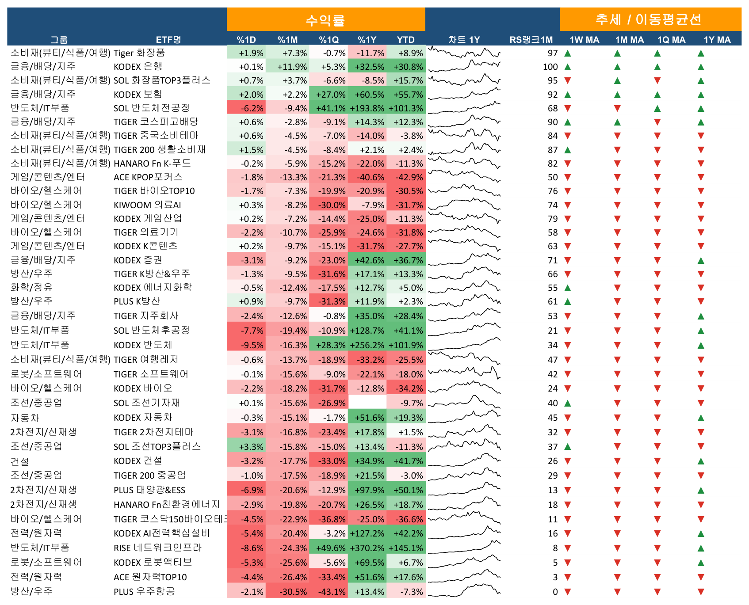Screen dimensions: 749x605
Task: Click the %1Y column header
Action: click(367, 40)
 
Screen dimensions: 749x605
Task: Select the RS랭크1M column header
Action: click(531, 40)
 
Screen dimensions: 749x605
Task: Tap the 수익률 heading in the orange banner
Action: click(325, 20)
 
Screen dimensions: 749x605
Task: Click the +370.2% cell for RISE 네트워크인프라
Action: click(367, 548)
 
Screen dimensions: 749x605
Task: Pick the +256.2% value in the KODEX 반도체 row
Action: click(367, 345)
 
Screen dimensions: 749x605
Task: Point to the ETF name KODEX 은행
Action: click(138, 67)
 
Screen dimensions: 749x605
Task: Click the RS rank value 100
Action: click(550, 67)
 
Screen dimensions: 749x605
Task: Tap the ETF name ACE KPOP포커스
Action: click(148, 177)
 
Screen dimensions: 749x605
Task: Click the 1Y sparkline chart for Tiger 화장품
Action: click(464, 53)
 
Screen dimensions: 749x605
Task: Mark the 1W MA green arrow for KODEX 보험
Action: click(568, 95)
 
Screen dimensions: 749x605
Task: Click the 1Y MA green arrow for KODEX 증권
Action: click(701, 260)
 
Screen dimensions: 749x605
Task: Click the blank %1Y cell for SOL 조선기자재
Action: click(367, 403)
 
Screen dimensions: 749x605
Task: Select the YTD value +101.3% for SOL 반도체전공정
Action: click(406, 108)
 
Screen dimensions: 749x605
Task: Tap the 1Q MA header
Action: click(671, 40)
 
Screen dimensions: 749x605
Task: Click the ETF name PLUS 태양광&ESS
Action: click(149, 490)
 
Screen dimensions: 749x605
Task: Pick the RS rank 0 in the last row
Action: click(555, 592)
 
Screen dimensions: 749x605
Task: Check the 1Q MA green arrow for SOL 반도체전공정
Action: click(657, 108)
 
